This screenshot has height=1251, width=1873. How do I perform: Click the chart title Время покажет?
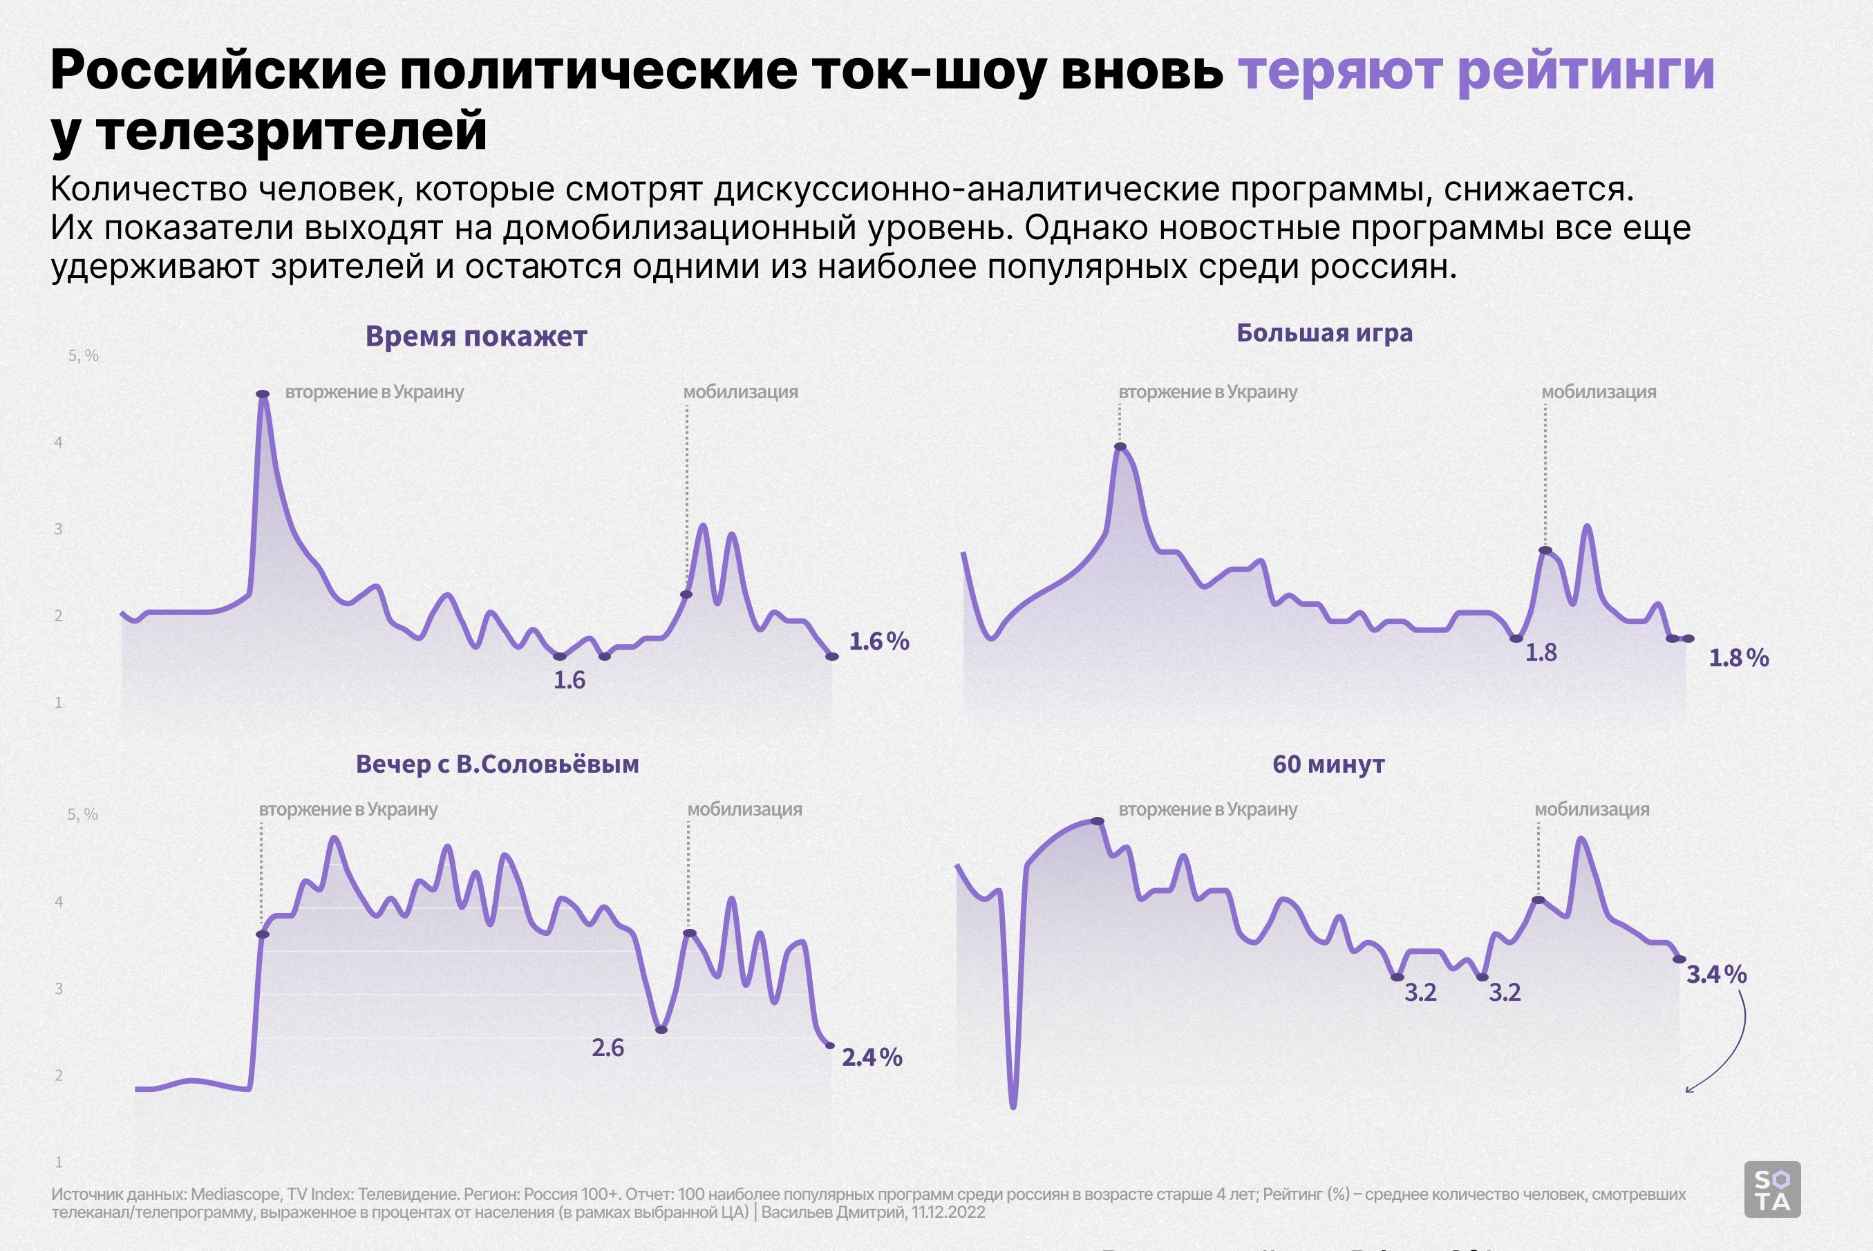[476, 337]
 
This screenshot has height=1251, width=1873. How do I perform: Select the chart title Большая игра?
[1324, 332]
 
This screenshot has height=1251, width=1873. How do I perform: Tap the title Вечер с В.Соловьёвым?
[497, 764]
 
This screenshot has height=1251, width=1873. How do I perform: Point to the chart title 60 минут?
[1328, 764]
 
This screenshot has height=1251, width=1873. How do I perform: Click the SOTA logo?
[1773, 1189]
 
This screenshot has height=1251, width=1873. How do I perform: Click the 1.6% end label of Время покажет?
[878, 641]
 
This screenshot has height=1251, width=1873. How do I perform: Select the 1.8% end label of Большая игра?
[1739, 658]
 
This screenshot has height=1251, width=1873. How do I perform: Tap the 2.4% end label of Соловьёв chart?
[872, 1058]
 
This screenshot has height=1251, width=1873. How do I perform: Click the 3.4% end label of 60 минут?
[1717, 974]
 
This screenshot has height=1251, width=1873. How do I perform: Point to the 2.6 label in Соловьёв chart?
[608, 1048]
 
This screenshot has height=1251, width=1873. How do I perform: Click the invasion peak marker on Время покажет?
[263, 394]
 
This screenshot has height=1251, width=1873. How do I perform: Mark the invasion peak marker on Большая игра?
[1120, 446]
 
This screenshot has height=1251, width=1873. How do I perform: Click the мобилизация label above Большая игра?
[1599, 392]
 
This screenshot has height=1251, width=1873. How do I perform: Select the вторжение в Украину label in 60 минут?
[1207, 809]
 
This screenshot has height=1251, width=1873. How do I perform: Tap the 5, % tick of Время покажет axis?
[83, 356]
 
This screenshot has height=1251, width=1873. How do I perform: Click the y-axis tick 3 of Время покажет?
[58, 529]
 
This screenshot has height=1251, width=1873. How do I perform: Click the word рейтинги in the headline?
[1585, 70]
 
